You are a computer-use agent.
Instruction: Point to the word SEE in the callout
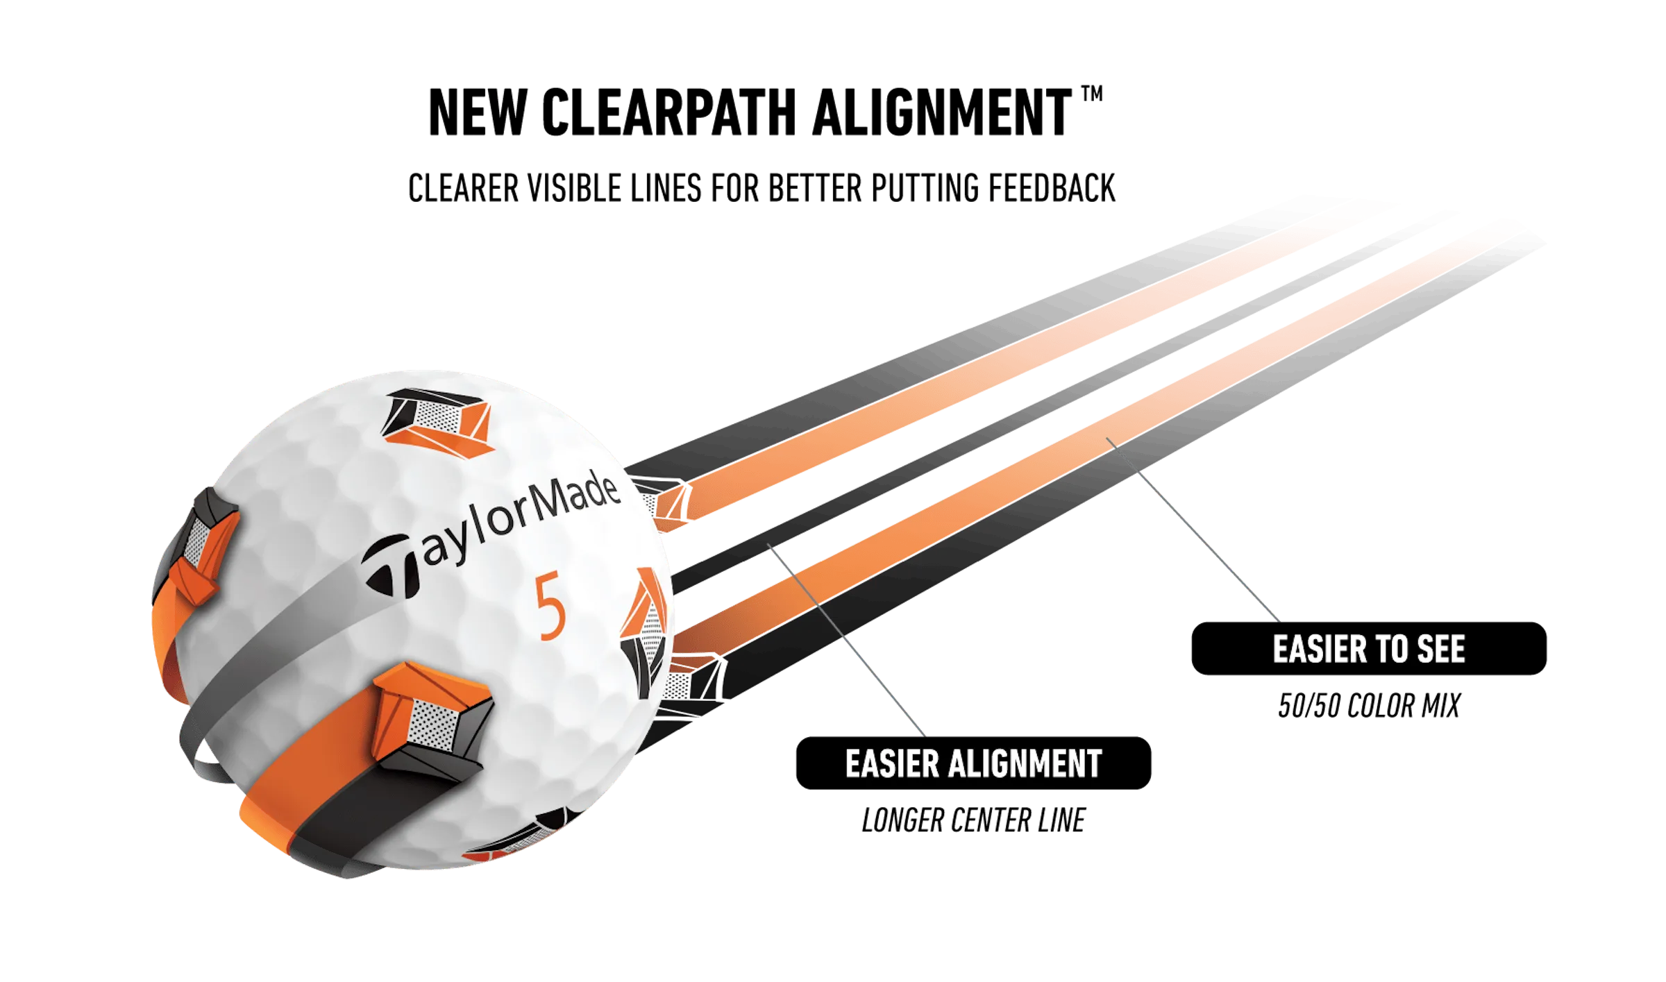(1440, 650)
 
